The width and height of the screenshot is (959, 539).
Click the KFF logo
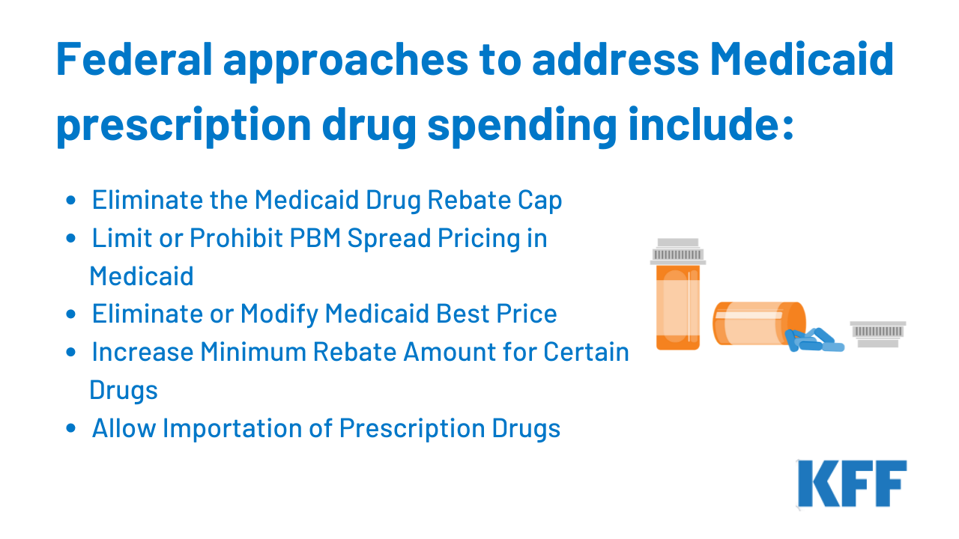coord(852,484)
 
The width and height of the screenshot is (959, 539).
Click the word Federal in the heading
coord(134,59)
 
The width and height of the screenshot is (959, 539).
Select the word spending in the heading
coord(522,126)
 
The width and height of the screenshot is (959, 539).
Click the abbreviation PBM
coord(315,238)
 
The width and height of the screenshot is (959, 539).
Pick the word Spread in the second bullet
coord(389,239)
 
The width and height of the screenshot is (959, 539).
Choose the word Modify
coord(279,314)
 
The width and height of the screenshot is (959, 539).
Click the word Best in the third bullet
coord(462,314)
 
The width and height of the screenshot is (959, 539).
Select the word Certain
coord(586,352)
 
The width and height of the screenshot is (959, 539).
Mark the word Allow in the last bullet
coord(124,428)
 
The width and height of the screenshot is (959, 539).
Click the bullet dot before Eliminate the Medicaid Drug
coord(71,200)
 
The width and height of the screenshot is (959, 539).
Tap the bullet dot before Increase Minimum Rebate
coord(71,353)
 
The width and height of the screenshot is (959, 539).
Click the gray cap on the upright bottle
coord(678,252)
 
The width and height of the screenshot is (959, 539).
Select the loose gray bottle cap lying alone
coord(878,334)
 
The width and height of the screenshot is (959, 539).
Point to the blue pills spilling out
coord(814,340)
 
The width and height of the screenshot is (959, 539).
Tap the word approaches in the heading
coord(345,62)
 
